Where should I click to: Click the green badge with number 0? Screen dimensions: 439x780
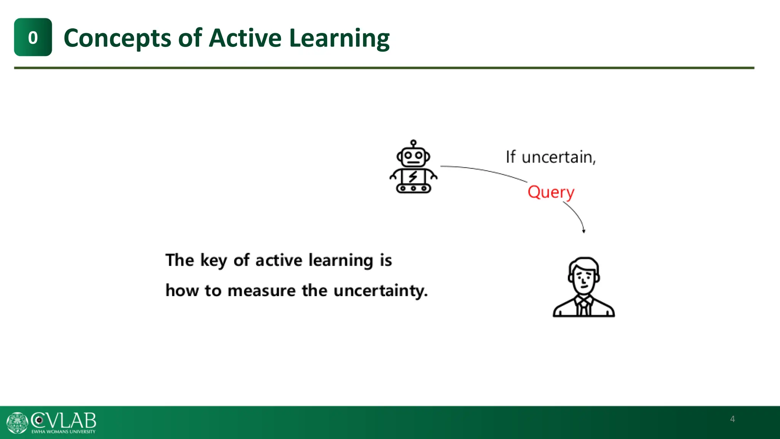pyautogui.click(x=33, y=37)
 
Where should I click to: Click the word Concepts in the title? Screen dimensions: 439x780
pyautogui.click(x=117, y=38)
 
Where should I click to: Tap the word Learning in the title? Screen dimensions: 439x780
pyautogui.click(x=339, y=38)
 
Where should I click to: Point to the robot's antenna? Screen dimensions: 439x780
pyautogui.click(x=413, y=143)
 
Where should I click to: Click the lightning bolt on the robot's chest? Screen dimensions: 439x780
pyautogui.click(x=413, y=177)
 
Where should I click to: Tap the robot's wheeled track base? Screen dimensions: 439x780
pyautogui.click(x=413, y=188)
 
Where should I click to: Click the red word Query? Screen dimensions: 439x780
pyautogui.click(x=551, y=192)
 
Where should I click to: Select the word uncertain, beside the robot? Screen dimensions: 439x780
pyautogui.click(x=558, y=157)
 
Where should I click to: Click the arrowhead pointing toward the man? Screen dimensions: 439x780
pyautogui.click(x=583, y=231)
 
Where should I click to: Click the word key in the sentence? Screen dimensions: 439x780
pyautogui.click(x=214, y=261)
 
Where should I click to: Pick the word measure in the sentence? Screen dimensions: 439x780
pyautogui.click(x=262, y=291)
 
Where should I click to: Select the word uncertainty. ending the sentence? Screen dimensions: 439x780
pyautogui.click(x=380, y=291)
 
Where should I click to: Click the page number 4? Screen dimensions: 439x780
pyautogui.click(x=732, y=419)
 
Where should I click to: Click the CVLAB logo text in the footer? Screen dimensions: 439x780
pyautogui.click(x=64, y=421)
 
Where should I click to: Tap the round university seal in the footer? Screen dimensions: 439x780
pyautogui.click(x=17, y=423)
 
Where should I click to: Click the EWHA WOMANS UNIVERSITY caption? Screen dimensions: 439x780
pyautogui.click(x=63, y=432)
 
